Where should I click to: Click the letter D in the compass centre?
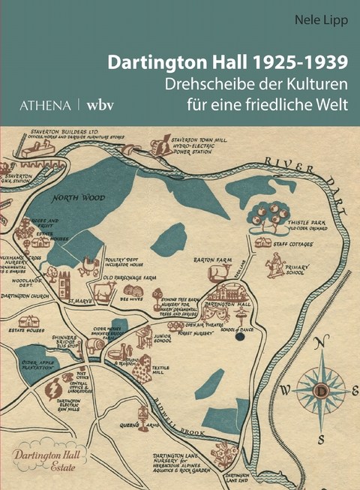[x=321, y=391]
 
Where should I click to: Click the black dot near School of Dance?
[x=240, y=337]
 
